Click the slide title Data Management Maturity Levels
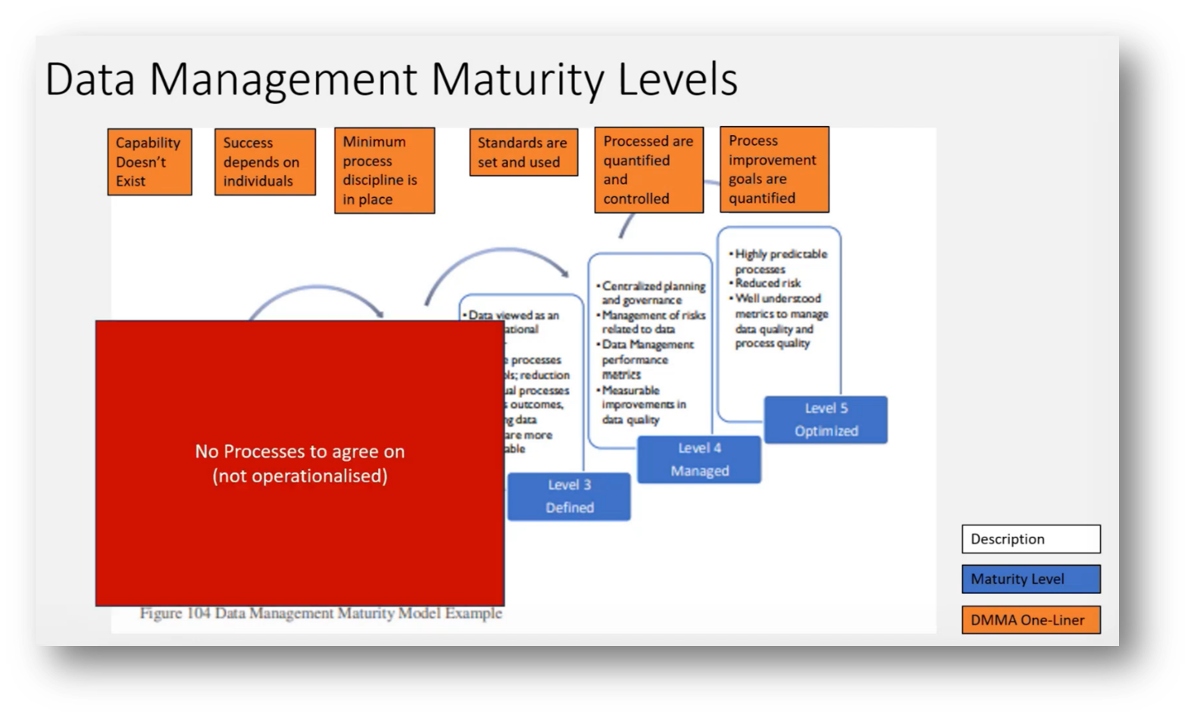click(x=391, y=80)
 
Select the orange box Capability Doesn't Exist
click(x=149, y=162)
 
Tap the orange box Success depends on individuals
click(x=264, y=162)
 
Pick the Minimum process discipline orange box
click(x=384, y=171)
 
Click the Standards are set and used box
click(x=523, y=152)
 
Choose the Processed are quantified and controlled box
click(x=649, y=171)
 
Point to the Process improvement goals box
click(x=774, y=169)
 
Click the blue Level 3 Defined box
click(x=569, y=497)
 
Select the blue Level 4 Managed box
click(x=699, y=459)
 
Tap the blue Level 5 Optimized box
click(x=825, y=419)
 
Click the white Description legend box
click(x=1030, y=539)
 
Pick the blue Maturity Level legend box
click(x=1030, y=579)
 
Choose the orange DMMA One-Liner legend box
click(x=1030, y=619)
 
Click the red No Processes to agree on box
click(x=299, y=463)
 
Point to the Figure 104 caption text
click(x=320, y=613)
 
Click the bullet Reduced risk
click(x=767, y=283)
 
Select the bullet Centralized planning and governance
click(x=652, y=293)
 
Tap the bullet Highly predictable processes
click(x=780, y=261)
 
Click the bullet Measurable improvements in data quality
click(x=643, y=405)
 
